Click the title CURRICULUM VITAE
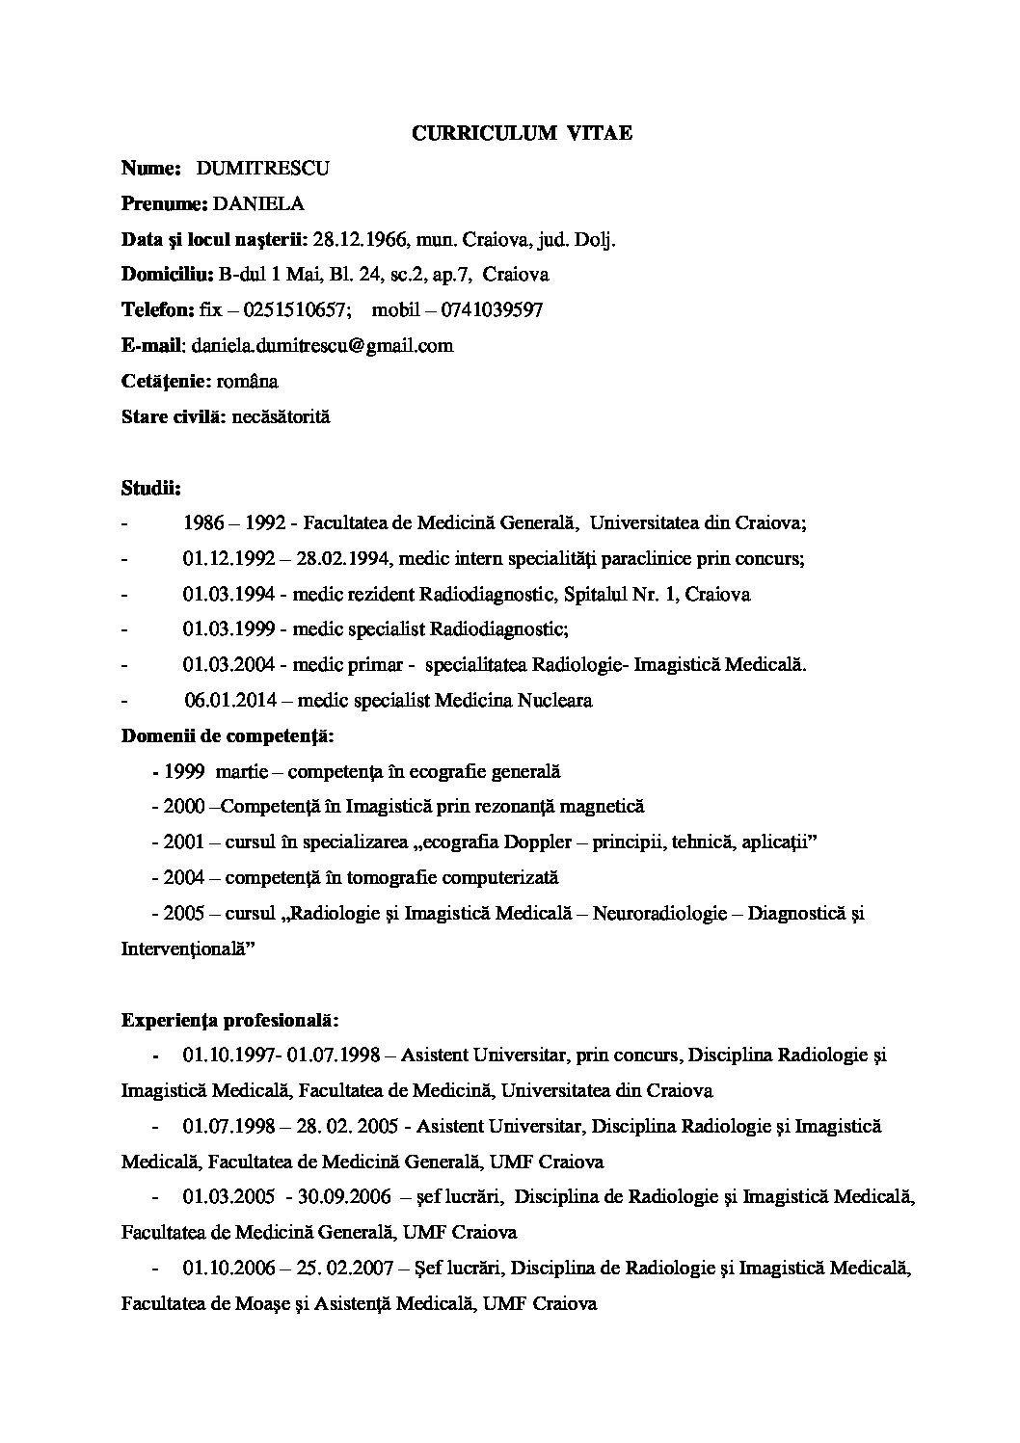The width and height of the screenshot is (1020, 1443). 522,134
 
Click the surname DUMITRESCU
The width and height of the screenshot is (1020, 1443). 262,169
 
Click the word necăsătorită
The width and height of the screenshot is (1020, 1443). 281,417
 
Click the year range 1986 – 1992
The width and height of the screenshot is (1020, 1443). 232,523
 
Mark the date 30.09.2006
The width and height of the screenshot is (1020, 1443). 345,1197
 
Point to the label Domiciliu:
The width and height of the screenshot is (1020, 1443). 167,275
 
